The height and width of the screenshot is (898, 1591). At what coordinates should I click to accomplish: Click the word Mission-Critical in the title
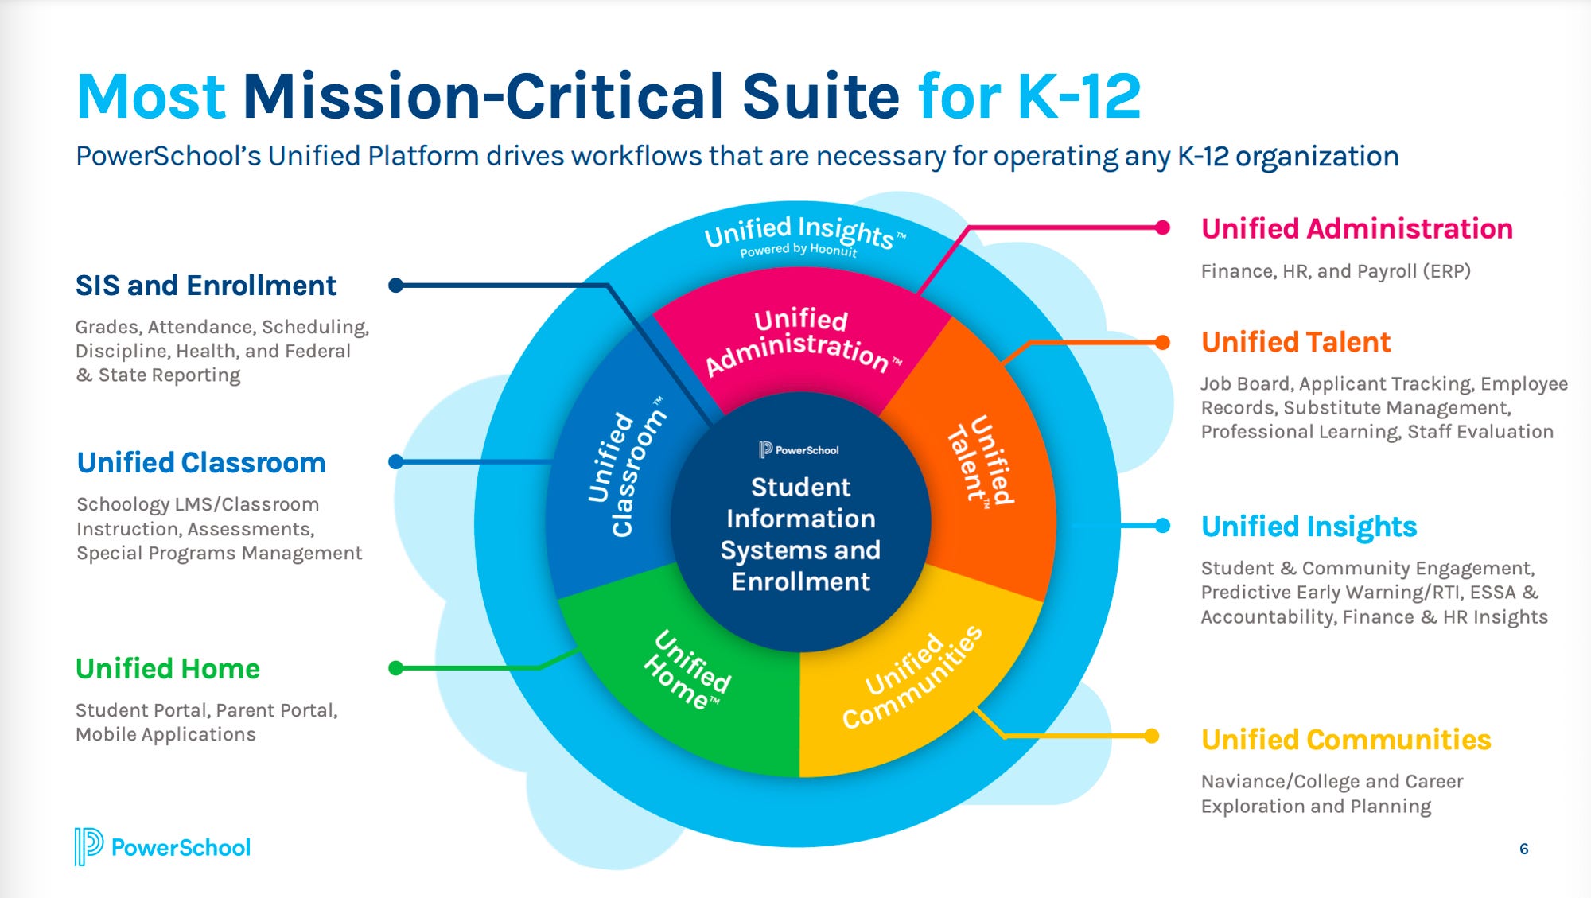570,96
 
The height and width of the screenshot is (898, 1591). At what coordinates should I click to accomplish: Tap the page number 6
1523,849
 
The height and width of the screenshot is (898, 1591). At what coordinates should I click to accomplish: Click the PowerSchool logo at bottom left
162,847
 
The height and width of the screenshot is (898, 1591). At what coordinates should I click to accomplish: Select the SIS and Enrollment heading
205,286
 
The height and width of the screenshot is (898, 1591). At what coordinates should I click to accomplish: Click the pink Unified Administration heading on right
1356,229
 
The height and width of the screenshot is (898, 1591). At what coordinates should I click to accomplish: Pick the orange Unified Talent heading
1295,342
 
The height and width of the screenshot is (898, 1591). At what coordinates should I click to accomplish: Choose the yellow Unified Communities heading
1345,740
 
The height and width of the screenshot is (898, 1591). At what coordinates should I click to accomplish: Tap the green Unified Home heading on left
167,669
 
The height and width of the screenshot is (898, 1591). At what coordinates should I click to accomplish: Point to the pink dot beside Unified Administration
1162,228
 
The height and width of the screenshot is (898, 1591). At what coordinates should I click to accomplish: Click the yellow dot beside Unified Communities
1151,736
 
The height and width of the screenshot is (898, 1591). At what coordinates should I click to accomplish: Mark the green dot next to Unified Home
395,668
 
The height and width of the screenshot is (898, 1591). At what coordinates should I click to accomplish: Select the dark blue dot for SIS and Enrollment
395,286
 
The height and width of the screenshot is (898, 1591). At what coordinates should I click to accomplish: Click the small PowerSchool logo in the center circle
799,450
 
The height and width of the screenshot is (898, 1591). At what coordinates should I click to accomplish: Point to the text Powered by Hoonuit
798,250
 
